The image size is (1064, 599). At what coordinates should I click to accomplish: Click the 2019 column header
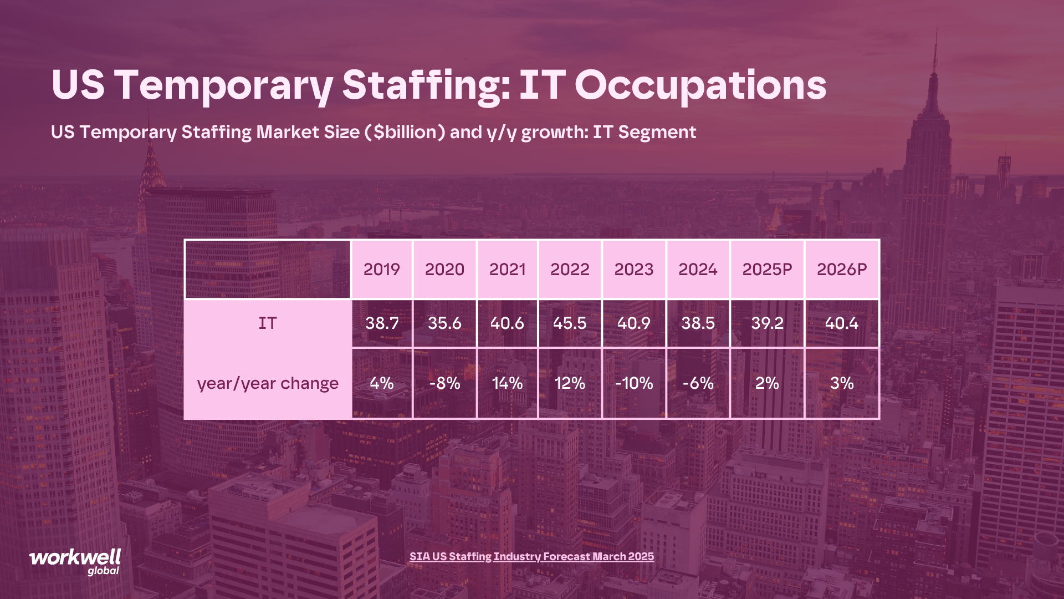[x=381, y=270]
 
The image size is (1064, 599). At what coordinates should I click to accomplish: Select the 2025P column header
[x=767, y=270]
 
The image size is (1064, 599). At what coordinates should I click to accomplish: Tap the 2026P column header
[x=841, y=270]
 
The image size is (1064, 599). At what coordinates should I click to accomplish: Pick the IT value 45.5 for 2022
[x=570, y=323]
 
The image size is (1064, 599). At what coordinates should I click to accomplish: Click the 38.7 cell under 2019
[x=381, y=323]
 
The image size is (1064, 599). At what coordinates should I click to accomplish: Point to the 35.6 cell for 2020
[x=444, y=323]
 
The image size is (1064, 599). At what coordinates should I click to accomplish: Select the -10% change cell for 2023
[x=634, y=383]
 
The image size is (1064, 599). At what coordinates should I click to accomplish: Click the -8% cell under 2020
[x=444, y=383]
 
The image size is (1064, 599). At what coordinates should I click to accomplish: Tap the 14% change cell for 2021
[x=507, y=383]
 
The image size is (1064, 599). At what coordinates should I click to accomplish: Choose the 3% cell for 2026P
[x=841, y=383]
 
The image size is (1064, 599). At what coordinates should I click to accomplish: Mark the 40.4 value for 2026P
[x=841, y=323]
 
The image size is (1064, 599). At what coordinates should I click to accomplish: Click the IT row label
[x=267, y=323]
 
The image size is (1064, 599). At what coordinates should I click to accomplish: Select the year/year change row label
[x=267, y=383]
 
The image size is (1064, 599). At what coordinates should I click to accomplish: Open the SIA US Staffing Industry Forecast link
[x=531, y=556]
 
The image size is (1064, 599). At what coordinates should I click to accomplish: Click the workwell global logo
[x=75, y=562]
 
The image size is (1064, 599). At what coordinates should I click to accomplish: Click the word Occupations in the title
[x=700, y=85]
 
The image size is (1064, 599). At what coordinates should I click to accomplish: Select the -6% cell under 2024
[x=698, y=383]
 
